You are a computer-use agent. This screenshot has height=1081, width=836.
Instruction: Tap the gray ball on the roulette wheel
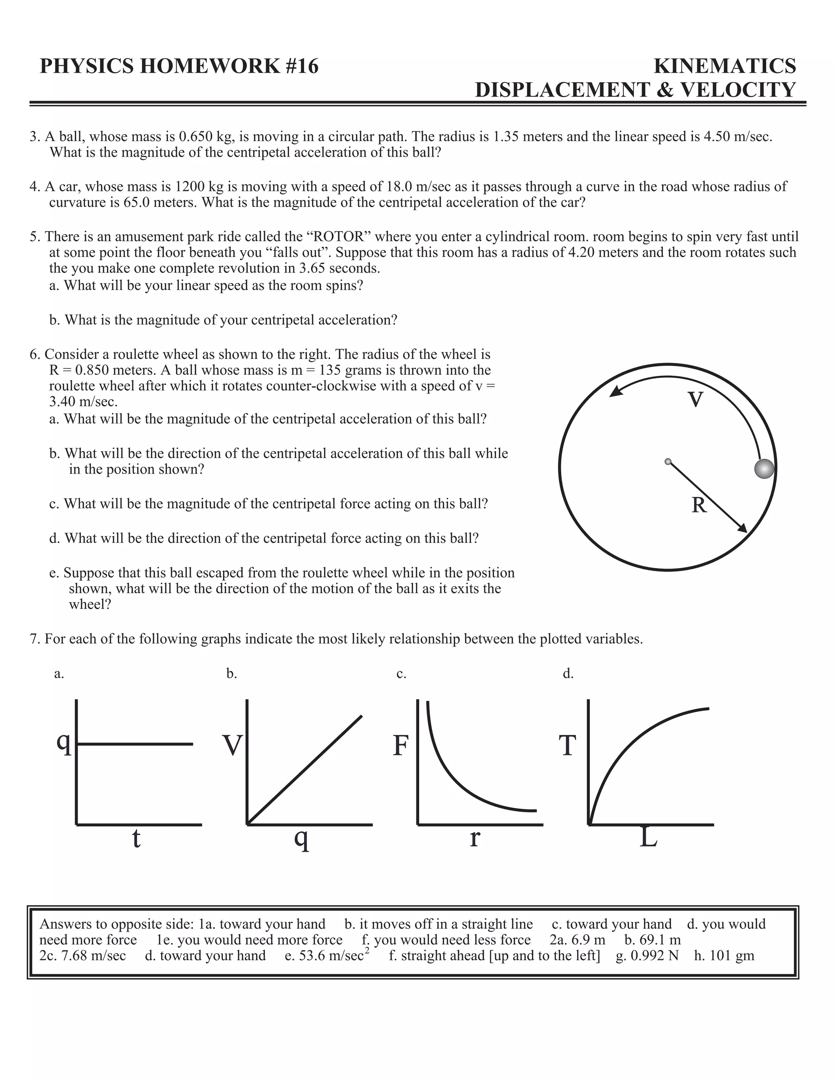coord(764,468)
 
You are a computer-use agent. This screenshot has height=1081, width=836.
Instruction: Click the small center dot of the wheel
coord(668,461)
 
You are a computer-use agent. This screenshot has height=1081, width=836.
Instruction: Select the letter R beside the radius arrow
coord(699,505)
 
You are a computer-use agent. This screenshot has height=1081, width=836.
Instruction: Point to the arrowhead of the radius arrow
coord(743,529)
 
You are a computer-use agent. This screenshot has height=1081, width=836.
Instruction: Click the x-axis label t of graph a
coord(136,838)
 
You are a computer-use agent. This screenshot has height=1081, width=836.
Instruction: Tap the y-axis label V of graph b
coord(232,746)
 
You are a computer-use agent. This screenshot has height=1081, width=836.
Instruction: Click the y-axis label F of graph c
coord(400,746)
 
